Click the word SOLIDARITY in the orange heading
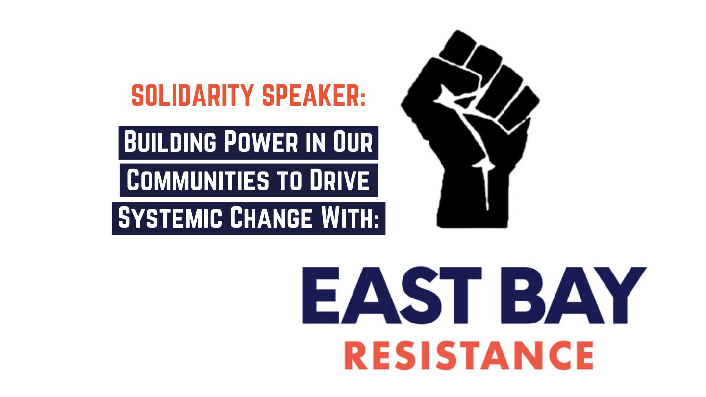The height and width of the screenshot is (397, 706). click(x=193, y=95)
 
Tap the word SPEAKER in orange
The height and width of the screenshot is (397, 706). click(x=310, y=95)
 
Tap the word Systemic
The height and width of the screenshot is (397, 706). click(x=170, y=218)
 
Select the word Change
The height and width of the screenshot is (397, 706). click(x=271, y=218)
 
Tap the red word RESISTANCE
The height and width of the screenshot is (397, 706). click(x=469, y=355)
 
